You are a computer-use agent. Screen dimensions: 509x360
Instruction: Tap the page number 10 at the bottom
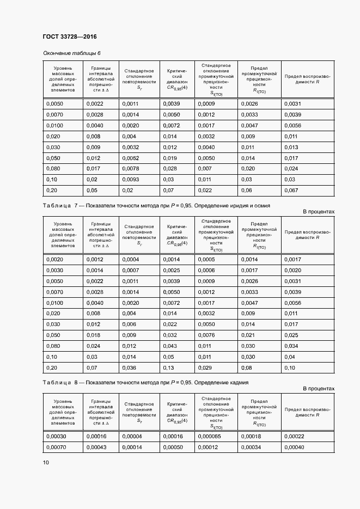(46, 463)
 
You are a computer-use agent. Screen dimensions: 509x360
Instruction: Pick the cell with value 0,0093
(131, 179)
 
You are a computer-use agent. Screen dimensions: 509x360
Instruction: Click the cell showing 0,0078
(131, 168)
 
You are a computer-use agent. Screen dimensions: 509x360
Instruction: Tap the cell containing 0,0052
(131, 158)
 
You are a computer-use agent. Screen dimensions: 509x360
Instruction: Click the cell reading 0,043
(170, 346)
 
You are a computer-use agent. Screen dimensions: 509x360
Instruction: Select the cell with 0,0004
(131, 260)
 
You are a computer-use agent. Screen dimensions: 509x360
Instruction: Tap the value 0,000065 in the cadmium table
(209, 436)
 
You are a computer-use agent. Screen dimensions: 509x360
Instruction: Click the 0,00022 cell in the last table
(295, 436)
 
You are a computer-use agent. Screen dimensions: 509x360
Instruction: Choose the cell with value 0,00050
(173, 447)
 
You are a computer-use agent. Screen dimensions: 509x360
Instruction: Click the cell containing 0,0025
(172, 271)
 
